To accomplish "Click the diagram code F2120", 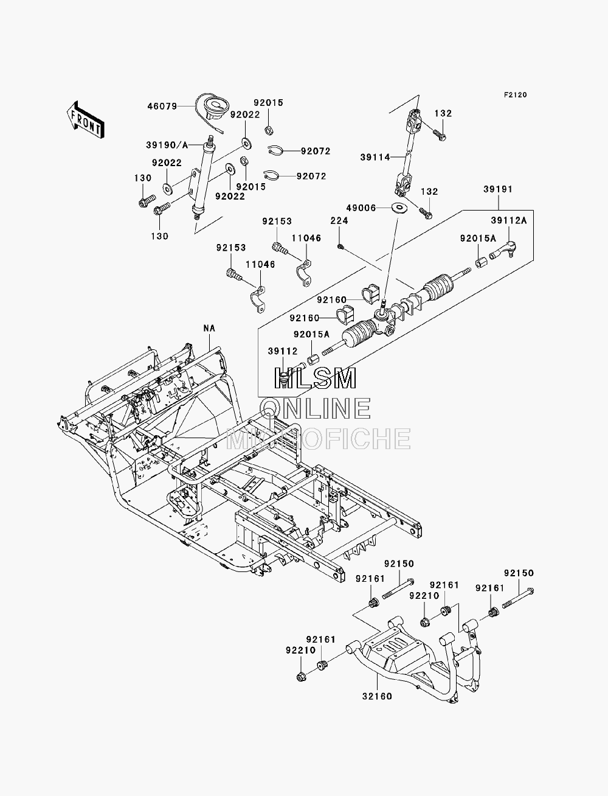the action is click(x=515, y=95).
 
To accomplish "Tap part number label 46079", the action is click(x=162, y=106).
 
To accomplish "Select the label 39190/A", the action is click(x=167, y=145).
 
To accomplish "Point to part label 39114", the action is click(x=375, y=158).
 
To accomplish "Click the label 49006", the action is click(x=361, y=208).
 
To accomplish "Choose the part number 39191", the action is click(x=498, y=189).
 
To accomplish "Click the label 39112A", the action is click(x=509, y=220).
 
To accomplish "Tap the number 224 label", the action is click(x=339, y=220).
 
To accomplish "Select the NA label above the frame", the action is click(x=209, y=328).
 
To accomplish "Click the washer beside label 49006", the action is click(x=399, y=208).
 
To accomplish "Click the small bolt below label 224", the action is click(x=340, y=247).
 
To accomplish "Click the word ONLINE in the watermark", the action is click(x=317, y=408).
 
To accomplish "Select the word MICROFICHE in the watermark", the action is click(x=319, y=439).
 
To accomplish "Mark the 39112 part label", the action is click(x=283, y=351).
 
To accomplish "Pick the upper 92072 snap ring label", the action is click(x=316, y=151).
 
